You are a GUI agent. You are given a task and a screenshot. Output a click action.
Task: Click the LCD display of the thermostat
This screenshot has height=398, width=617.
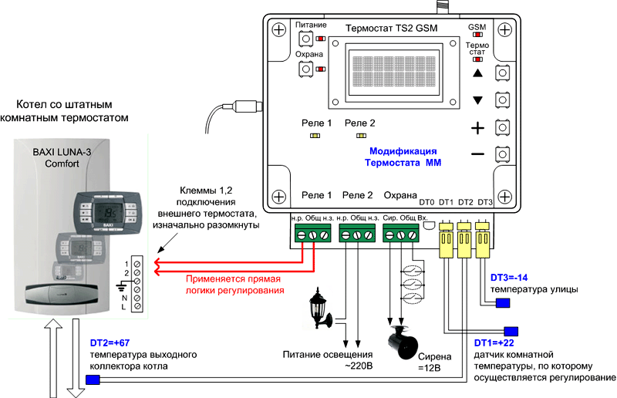tap(391, 74)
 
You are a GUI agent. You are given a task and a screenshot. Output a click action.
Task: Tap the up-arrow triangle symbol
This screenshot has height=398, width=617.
tap(477, 74)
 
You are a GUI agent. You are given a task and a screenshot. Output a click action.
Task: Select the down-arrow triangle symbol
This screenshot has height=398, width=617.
tap(477, 100)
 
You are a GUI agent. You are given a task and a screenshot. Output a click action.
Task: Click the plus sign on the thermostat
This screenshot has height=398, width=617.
tap(477, 127)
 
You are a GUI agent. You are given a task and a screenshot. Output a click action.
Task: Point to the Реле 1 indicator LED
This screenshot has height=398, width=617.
tap(315, 136)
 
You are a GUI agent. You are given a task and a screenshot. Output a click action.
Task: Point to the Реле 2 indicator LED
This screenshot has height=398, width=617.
tap(360, 136)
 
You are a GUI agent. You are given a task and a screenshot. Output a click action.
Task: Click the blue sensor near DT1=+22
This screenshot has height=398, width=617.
tap(511, 329)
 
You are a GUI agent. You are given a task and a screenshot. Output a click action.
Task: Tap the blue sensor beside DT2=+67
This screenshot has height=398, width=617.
tap(93, 379)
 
